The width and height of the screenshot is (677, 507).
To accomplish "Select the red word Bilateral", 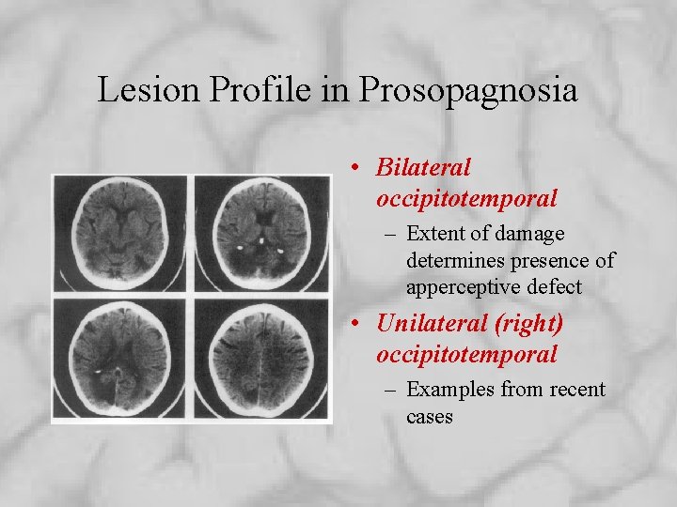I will point(422,167).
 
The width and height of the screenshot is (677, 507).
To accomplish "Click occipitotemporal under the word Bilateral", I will point(466,199).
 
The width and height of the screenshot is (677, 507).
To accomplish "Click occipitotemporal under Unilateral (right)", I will point(466,355).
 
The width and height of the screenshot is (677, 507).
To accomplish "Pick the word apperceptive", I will point(458,286).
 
